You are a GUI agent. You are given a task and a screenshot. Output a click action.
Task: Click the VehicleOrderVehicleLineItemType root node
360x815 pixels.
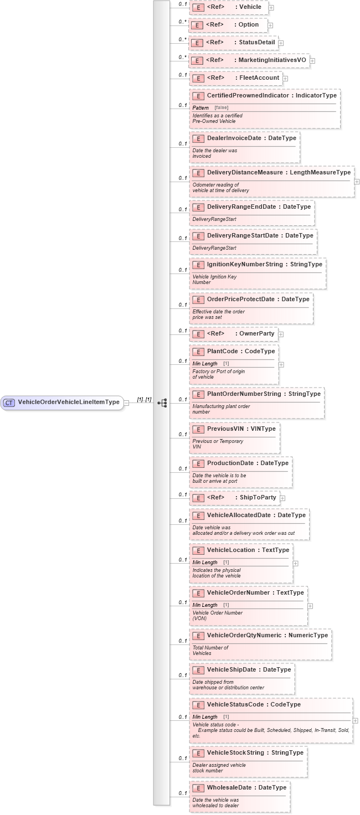click(68, 403)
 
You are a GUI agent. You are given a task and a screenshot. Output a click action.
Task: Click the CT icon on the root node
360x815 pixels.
click(9, 403)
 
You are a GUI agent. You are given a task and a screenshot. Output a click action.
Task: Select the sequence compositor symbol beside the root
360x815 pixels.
click(162, 403)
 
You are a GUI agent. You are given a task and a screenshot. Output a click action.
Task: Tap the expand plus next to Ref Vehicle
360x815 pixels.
click(271, 8)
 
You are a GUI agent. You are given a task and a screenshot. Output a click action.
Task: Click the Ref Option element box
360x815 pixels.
click(228, 25)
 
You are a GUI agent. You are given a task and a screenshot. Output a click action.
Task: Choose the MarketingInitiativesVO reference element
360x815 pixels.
click(249, 60)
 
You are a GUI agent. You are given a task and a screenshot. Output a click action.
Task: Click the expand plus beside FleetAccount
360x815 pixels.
click(285, 78)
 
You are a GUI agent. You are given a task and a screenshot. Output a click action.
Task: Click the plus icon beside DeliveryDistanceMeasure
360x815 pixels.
click(357, 181)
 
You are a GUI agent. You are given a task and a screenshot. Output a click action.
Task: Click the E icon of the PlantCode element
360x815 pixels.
click(198, 352)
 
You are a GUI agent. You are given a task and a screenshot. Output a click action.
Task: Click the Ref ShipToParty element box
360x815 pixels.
click(234, 498)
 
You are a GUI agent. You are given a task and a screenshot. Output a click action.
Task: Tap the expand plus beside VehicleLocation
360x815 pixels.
click(295, 563)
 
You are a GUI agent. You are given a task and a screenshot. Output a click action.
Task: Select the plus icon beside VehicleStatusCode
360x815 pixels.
click(355, 720)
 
